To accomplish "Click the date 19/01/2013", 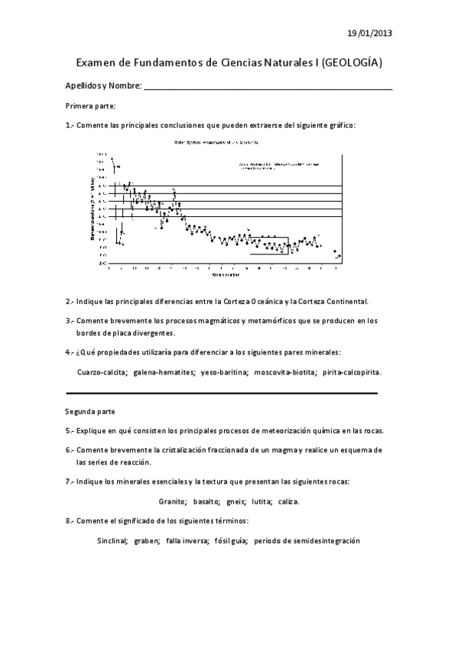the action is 370,33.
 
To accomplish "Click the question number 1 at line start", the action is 68,125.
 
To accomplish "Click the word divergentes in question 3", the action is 151,333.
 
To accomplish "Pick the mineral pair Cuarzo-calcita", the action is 102,372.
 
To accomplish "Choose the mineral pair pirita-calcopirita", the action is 352,372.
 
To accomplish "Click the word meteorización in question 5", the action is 273,430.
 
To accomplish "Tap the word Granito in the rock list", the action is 173,502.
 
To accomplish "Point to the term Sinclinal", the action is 108,540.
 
